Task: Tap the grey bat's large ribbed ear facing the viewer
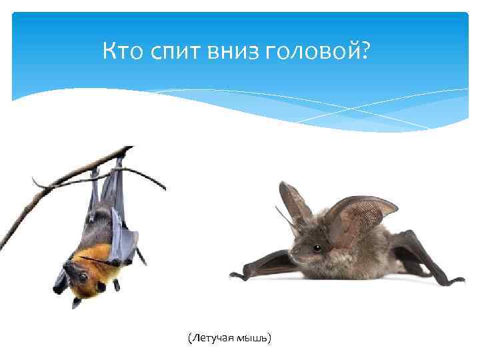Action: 361,217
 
